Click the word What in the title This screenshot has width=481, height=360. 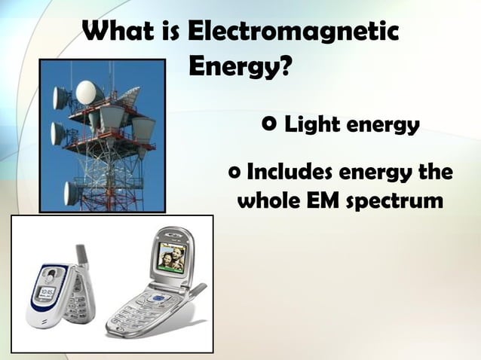pyautogui.click(x=118, y=32)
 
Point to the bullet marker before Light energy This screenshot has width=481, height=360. pyautogui.click(x=270, y=124)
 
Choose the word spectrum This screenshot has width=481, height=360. pyautogui.click(x=397, y=203)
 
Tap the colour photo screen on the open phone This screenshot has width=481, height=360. pyautogui.click(x=166, y=260)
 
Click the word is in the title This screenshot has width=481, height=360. pyautogui.click(x=168, y=32)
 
